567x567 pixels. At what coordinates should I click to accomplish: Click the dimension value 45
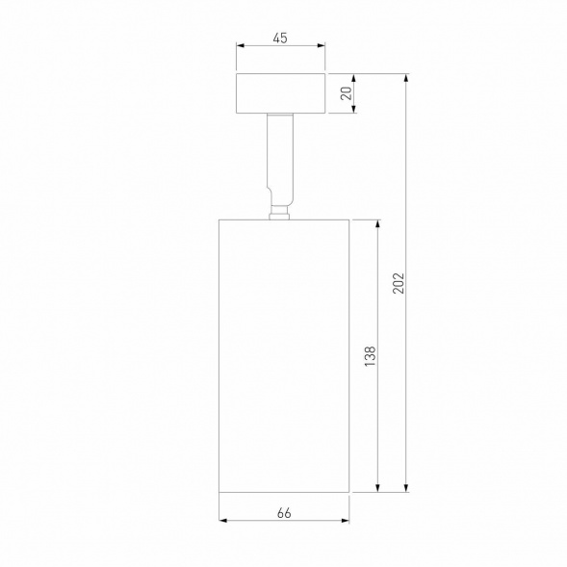tap(280, 39)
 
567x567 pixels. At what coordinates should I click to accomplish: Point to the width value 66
tap(284, 513)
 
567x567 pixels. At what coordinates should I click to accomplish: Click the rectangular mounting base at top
tap(280, 93)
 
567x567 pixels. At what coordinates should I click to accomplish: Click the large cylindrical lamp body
tap(284, 355)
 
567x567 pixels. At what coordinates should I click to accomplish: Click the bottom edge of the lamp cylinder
tap(284, 492)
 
